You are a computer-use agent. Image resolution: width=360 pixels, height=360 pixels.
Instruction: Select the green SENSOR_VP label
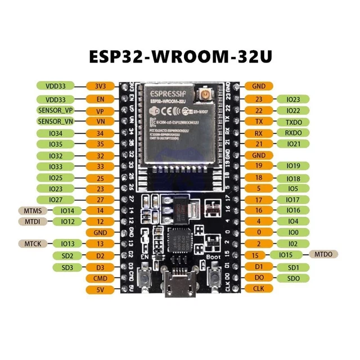(55, 110)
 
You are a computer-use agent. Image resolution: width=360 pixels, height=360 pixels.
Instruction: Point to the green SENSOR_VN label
(55, 121)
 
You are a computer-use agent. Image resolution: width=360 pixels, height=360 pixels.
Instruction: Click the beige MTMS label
(31, 210)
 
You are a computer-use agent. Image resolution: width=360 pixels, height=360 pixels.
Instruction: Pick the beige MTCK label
(31, 243)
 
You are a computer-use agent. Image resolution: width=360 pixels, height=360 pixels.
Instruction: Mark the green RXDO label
(293, 133)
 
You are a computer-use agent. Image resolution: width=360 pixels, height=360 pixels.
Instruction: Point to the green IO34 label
(55, 133)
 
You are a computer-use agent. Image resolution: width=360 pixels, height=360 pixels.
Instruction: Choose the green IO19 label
(293, 166)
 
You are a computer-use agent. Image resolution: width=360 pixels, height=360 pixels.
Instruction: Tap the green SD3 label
(67, 267)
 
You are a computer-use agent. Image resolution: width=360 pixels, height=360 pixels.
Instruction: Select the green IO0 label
(293, 232)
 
